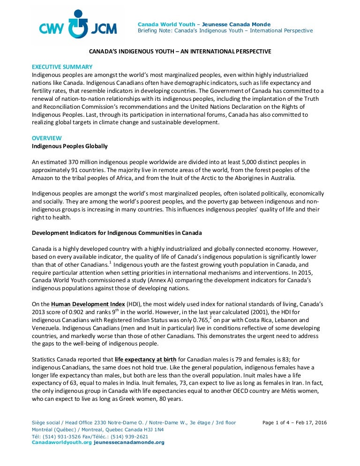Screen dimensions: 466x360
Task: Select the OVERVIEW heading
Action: point(46,138)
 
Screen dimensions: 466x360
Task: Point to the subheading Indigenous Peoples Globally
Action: point(69,146)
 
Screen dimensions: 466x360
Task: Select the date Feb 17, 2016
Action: point(314,423)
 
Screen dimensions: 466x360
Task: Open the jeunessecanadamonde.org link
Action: point(129,443)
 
